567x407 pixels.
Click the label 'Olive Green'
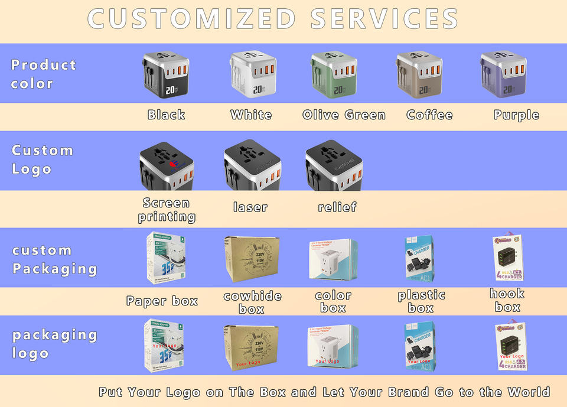click(x=344, y=115)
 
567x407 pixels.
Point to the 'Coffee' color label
click(x=429, y=115)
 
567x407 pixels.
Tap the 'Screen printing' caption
click(x=167, y=210)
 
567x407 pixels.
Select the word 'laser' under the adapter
click(x=250, y=207)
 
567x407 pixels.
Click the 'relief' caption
click(x=337, y=207)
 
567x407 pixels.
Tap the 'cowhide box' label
click(x=252, y=302)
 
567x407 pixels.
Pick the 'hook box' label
click(x=507, y=300)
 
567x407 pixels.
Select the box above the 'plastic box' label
click(x=419, y=259)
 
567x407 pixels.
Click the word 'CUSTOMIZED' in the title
click(x=191, y=19)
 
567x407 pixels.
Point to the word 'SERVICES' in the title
click(x=384, y=19)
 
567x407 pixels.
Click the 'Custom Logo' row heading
click(x=42, y=159)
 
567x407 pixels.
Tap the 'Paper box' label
click(x=162, y=301)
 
